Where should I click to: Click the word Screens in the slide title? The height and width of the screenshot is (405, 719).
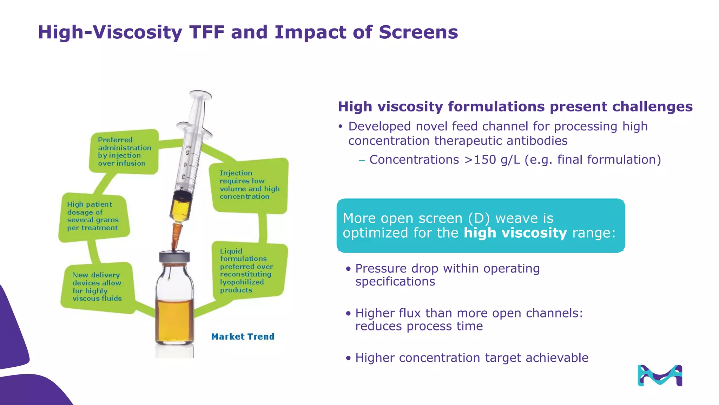coord(418,32)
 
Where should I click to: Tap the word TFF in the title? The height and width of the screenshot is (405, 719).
coord(207,32)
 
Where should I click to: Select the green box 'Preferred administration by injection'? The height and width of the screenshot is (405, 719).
coord(124,152)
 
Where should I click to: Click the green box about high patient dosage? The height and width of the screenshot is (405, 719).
coord(93,216)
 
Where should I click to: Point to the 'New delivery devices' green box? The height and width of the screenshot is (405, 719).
coord(98,287)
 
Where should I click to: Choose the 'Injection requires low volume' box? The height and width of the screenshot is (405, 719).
coord(249,185)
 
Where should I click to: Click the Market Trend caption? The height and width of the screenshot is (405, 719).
coord(243,336)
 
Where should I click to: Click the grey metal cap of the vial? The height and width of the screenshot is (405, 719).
coord(174,257)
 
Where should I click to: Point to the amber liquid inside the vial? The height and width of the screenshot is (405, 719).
coord(174,320)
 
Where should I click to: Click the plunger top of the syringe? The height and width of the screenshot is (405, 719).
coord(200,94)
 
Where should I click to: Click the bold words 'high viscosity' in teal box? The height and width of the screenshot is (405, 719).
coord(515,233)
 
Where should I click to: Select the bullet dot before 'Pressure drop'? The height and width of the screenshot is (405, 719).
coord(348,269)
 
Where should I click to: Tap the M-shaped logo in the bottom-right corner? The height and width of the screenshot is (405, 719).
coord(660,375)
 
